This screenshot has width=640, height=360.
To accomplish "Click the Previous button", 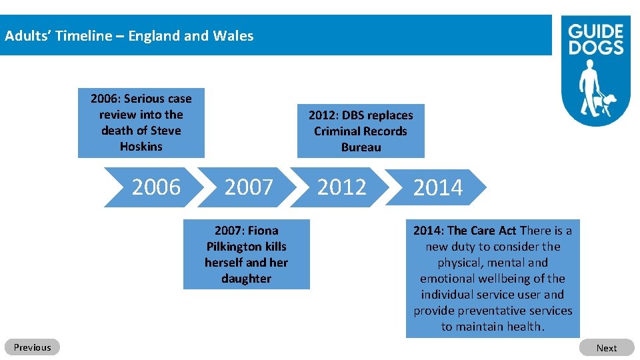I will (32, 347).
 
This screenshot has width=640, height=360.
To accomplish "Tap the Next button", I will (606, 348).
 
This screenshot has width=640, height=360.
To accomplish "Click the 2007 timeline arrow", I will (249, 187).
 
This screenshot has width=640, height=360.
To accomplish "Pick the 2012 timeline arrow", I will (341, 187).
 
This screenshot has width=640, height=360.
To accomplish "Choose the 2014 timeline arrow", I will (437, 188).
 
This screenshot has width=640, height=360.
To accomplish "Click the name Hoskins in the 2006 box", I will (141, 147).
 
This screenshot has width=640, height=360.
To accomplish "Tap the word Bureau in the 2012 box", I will (361, 147).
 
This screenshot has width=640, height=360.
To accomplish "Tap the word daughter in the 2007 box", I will (246, 279).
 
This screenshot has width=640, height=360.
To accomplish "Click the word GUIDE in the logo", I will (595, 31).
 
